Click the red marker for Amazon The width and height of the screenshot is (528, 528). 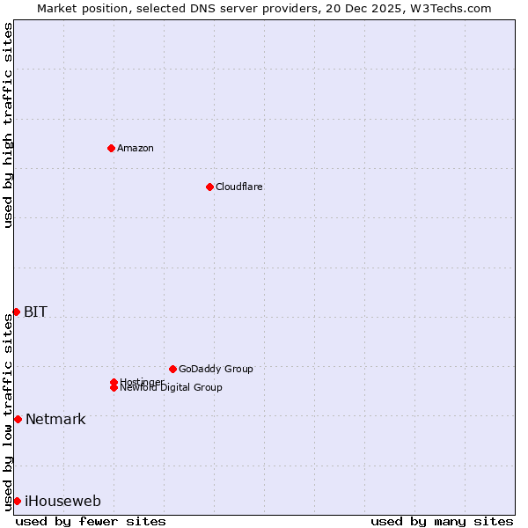click(x=111, y=148)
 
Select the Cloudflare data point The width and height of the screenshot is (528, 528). click(x=209, y=187)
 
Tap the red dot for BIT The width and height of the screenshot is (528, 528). click(x=16, y=312)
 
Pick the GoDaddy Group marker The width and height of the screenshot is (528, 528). click(x=172, y=369)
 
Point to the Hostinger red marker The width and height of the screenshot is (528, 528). click(x=114, y=382)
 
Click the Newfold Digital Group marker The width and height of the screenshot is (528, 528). click(x=114, y=388)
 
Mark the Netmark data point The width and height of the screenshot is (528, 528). click(x=18, y=419)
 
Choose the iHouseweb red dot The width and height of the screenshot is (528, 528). click(x=17, y=501)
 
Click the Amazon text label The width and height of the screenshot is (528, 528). click(x=136, y=148)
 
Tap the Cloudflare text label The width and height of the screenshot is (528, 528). click(x=239, y=187)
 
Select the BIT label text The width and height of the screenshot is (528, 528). click(x=35, y=312)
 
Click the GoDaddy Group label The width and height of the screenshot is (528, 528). click(x=216, y=369)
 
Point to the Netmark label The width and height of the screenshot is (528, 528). click(x=55, y=419)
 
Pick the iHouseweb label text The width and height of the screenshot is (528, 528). click(x=62, y=502)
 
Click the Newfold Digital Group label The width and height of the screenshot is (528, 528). click(x=172, y=388)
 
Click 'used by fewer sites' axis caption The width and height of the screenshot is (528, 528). click(x=91, y=521)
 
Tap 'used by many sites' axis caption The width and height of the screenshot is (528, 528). click(x=442, y=521)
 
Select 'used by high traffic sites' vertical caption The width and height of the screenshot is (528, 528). click(x=8, y=125)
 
